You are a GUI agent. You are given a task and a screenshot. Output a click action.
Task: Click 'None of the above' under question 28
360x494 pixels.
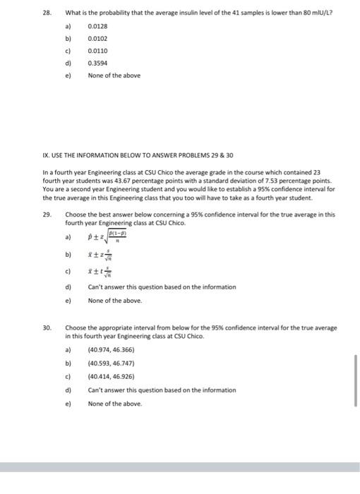pos(114,75)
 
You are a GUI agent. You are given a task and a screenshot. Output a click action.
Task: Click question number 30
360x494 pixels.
pos(47,327)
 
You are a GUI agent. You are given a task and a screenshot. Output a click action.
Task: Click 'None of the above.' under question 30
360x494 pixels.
pos(114,404)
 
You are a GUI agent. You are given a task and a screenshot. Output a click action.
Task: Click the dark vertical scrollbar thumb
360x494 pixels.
pos(355,380)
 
